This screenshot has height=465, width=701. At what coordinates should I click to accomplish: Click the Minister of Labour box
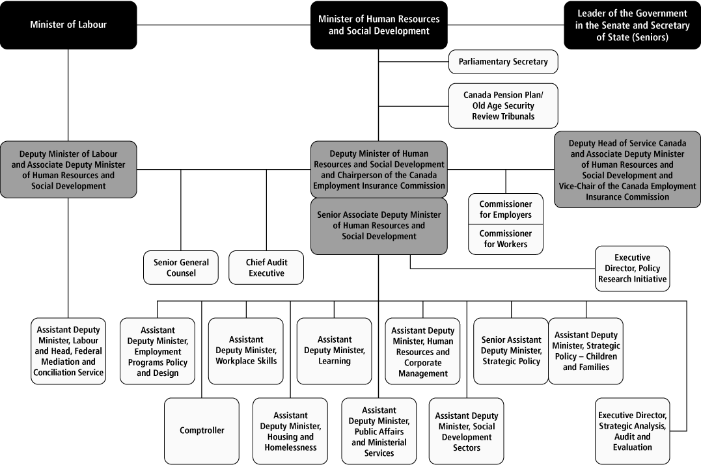tap(68, 25)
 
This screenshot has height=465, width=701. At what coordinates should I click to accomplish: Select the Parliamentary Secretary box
tap(503, 62)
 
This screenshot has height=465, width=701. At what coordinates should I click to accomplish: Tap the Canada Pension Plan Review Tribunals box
tap(503, 105)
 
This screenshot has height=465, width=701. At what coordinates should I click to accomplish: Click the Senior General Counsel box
tap(181, 267)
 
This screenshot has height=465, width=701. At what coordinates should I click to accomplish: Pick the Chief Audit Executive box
tap(266, 267)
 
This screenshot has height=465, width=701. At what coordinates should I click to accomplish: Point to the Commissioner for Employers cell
tap(506, 209)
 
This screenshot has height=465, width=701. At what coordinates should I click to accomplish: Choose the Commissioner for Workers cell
tap(506, 239)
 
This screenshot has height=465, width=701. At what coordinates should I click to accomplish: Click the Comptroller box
tap(202, 430)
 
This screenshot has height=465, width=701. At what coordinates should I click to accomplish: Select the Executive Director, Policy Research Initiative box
tap(632, 268)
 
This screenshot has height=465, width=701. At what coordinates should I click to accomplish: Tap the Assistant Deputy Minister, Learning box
tap(335, 351)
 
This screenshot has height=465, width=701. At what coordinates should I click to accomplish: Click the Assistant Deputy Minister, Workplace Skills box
tap(246, 351)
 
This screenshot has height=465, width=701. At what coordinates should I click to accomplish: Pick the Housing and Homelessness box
tap(290, 431)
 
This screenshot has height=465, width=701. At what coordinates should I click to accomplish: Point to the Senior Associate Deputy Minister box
tap(379, 225)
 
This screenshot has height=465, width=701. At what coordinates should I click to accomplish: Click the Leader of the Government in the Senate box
tap(631, 25)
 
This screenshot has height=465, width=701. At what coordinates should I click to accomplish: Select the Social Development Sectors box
tap(467, 431)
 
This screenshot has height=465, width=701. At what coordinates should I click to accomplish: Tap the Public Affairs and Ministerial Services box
tap(379, 431)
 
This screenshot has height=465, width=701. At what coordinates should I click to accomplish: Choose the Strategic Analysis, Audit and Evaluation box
tap(632, 431)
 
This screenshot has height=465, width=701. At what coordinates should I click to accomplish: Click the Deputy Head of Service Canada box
tap(627, 170)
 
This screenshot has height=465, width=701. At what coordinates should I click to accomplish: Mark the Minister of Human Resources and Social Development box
tap(379, 25)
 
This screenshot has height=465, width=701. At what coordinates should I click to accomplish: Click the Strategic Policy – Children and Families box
tap(586, 351)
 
